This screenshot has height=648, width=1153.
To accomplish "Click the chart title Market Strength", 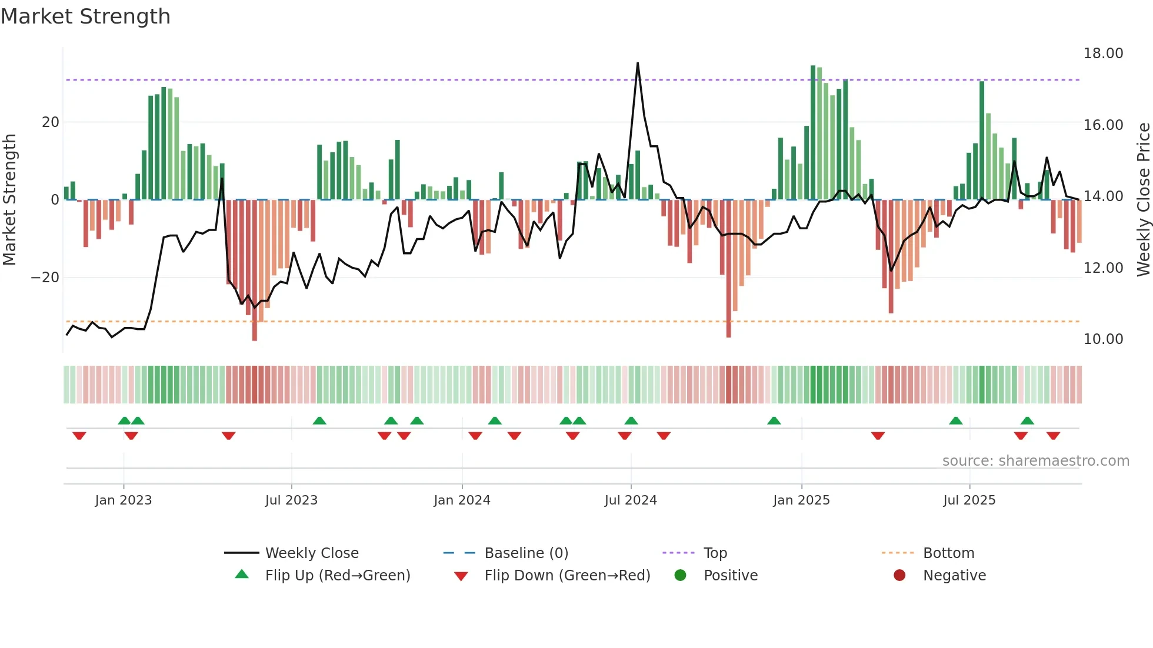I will tap(85, 16).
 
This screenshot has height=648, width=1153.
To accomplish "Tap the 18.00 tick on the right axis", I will tap(1103, 54).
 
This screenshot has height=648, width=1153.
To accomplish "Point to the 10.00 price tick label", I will tap(1103, 339).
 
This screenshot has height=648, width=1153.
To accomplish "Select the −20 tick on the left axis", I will tap(45, 278).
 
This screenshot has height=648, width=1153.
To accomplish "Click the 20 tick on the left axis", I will tap(51, 122).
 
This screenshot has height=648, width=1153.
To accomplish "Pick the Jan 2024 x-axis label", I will tap(462, 500).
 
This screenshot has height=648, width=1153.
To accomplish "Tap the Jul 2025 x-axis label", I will tap(969, 500).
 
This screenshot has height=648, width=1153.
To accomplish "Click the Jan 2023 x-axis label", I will tap(124, 500).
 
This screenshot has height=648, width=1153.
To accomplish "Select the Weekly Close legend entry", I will tap(311, 553).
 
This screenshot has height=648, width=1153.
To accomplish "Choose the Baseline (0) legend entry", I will tap(526, 553).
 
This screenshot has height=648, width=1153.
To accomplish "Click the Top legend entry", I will tap(715, 553).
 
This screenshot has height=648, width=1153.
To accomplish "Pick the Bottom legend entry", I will tap(948, 553).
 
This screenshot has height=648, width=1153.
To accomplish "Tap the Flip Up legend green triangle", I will tap(242, 574).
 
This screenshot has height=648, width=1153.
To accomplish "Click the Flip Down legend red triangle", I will tap(461, 576).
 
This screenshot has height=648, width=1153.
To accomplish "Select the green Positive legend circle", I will tap(680, 575).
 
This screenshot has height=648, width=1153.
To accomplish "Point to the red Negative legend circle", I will tap(899, 575).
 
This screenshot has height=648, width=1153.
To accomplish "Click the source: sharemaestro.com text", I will tap(1035, 461).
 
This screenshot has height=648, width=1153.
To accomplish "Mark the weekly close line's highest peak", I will tap(638, 63).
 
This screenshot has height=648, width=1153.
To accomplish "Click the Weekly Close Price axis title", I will tap(1143, 200).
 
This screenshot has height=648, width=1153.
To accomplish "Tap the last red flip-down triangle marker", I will tap(1053, 436).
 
